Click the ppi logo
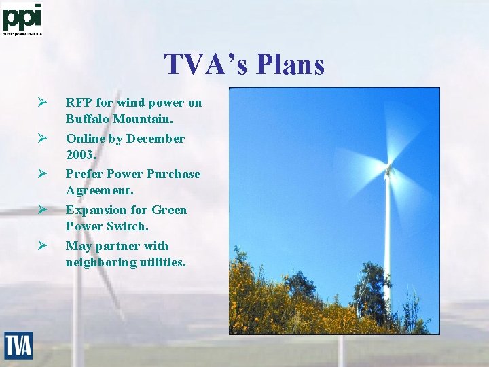[x=22, y=18]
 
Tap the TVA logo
[x=18, y=345]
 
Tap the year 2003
[x=81, y=154]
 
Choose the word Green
[x=170, y=210]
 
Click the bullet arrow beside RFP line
[x=41, y=103]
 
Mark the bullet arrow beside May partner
[x=41, y=245]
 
